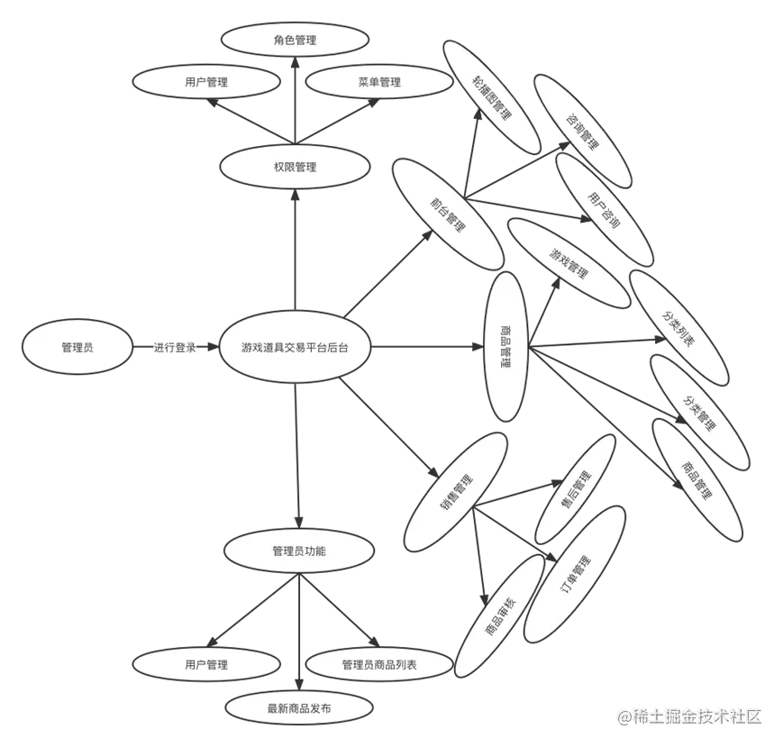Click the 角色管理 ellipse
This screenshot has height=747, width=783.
coord(295,40)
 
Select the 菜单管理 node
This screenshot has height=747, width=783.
coord(378,82)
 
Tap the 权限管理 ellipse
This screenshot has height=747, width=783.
coord(295,167)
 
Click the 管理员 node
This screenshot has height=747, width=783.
coord(77,347)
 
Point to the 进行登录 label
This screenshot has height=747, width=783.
coord(175,347)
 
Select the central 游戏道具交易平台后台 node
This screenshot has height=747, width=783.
coord(295,347)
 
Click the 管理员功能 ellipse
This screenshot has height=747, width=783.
coord(298,551)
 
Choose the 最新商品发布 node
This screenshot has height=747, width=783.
coord(299,709)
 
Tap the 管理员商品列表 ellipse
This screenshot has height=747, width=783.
coord(378,665)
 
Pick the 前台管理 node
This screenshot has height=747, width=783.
coord(447,214)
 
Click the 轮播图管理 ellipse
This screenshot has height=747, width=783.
coord(491,99)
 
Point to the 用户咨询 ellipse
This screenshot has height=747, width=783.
coord(603,209)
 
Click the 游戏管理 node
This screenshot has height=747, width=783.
coord(569,262)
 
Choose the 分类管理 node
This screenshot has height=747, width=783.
coord(699,411)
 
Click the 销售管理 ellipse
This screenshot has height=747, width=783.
coord(457,492)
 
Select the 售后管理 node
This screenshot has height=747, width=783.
coord(576,488)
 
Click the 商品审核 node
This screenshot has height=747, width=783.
coord(500,615)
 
